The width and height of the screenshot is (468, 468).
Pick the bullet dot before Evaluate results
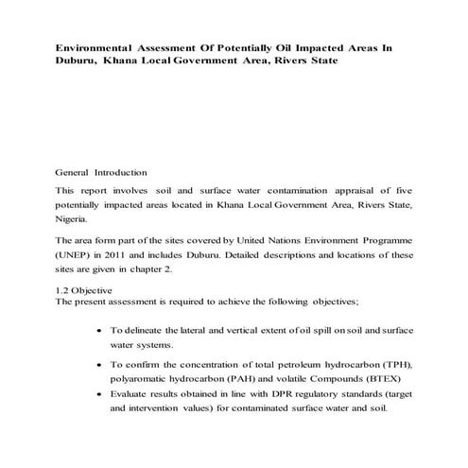(101, 396)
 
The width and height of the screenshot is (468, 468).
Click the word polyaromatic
(145, 378)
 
